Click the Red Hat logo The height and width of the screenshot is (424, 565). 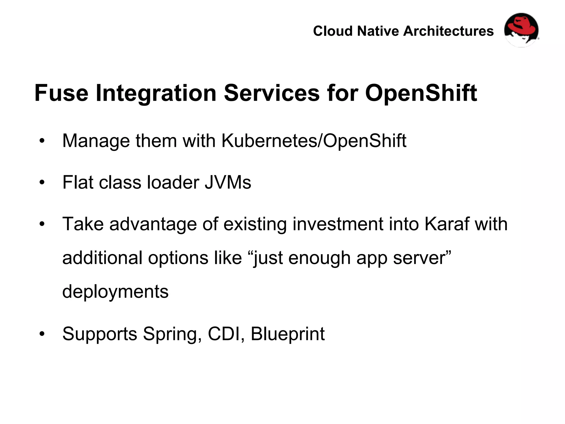point(521,30)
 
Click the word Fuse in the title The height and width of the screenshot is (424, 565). point(61,93)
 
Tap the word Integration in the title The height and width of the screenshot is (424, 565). point(156,93)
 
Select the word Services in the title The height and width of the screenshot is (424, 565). point(271,93)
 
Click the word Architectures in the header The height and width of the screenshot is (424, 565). point(448,31)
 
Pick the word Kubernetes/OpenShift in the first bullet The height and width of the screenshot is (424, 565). point(314,141)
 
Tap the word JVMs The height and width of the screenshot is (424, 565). point(228,182)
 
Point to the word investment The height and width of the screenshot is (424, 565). point(338,224)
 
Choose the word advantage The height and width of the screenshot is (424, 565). point(153,224)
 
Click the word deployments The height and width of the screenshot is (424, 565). point(115,292)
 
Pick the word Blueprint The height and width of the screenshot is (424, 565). point(287,334)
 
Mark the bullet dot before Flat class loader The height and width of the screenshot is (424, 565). point(42,183)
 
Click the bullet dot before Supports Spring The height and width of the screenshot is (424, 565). point(42,334)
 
